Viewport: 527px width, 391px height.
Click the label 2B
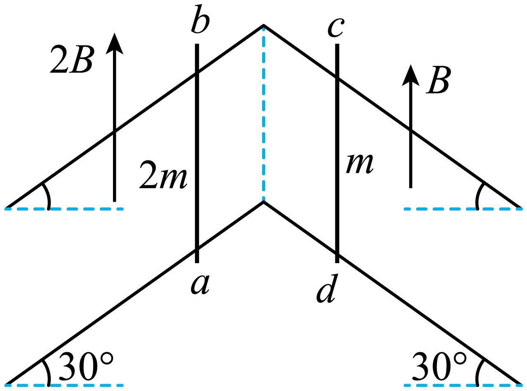[71, 60]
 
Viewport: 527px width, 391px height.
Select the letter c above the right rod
[336, 28]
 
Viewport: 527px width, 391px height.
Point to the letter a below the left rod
[200, 285]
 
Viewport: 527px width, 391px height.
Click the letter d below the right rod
[326, 288]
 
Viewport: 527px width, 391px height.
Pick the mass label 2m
[163, 175]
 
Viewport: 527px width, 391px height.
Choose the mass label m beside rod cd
[360, 164]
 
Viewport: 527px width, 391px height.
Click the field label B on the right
[438, 80]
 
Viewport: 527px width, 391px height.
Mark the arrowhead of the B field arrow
[411, 75]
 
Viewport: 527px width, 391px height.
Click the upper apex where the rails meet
[263, 25]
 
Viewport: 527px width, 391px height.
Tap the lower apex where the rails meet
[263, 202]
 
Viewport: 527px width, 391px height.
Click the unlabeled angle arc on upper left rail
[48, 195]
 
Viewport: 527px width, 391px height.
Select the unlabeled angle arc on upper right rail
[478, 195]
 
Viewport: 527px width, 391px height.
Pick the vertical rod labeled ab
[197, 153]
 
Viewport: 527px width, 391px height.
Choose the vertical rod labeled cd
[337, 153]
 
